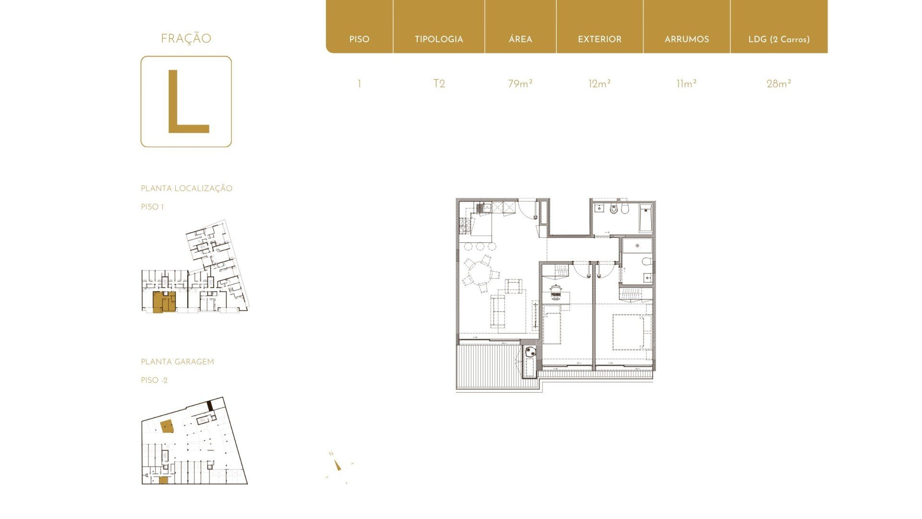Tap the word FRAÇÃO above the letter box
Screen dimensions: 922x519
[x=186, y=38]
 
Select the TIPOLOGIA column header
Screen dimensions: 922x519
[x=439, y=39]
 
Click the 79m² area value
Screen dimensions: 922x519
[x=520, y=84]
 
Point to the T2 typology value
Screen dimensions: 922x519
[x=439, y=84]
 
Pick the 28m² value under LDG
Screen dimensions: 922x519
[x=778, y=84]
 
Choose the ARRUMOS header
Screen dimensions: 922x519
[x=687, y=39]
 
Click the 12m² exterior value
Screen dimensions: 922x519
[x=599, y=84]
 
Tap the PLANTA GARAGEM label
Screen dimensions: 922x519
[x=177, y=362]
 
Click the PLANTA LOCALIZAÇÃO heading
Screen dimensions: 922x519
[x=186, y=188]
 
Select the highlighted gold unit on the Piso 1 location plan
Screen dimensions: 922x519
[x=164, y=302]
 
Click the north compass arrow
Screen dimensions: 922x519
[x=338, y=465]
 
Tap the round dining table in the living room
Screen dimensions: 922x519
[x=479, y=276]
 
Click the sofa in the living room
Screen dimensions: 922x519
[x=498, y=311]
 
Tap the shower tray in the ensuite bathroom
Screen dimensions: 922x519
[x=637, y=246]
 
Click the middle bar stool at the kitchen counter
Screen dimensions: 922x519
[x=480, y=247]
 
